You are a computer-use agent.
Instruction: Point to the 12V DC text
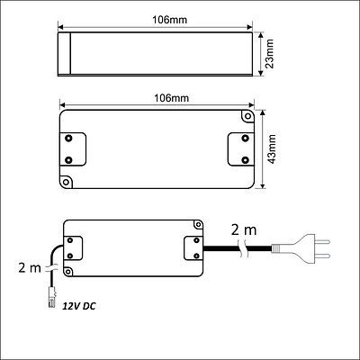(x=78, y=307)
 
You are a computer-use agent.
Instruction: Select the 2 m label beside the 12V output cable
(x=30, y=267)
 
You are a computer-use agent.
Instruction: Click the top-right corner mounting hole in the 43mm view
(x=247, y=117)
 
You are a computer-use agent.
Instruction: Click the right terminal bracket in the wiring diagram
(x=192, y=248)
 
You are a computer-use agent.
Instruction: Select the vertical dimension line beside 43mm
(x=262, y=148)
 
